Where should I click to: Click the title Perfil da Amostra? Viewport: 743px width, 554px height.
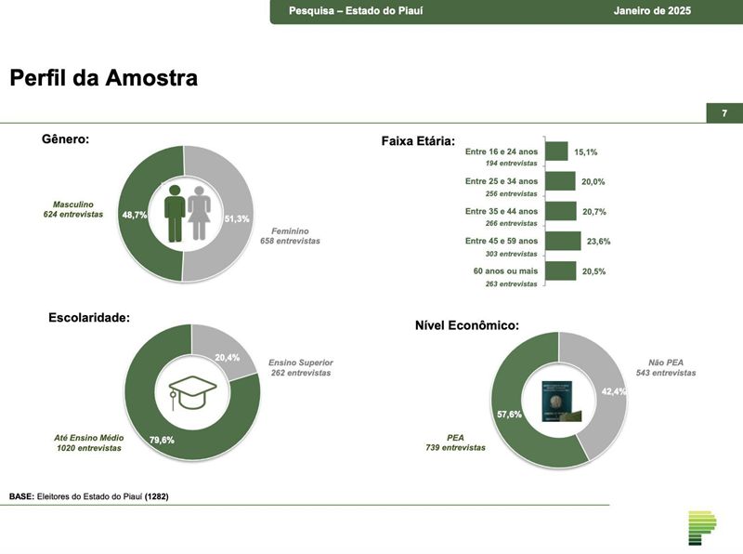tap(103, 78)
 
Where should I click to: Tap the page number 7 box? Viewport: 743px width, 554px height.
tap(723, 113)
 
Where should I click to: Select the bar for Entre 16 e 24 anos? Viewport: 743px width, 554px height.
tap(556, 152)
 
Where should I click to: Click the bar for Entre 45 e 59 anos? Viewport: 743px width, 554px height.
tap(563, 242)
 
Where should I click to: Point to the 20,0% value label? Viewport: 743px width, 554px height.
tap(593, 182)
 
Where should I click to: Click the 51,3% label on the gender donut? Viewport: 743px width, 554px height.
tap(237, 218)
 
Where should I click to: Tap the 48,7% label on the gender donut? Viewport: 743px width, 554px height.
tap(135, 215)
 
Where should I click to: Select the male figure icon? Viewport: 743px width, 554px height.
tap(174, 213)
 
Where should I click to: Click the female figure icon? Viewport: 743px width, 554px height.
tap(199, 213)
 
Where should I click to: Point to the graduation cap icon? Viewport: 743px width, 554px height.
tap(192, 391)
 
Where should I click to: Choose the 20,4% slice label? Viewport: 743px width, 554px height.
tap(227, 357)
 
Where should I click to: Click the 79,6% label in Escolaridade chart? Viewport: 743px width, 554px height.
tap(162, 440)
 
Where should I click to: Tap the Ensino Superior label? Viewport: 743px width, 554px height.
tap(300, 362)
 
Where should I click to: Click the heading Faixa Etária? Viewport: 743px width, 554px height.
tap(418, 141)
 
